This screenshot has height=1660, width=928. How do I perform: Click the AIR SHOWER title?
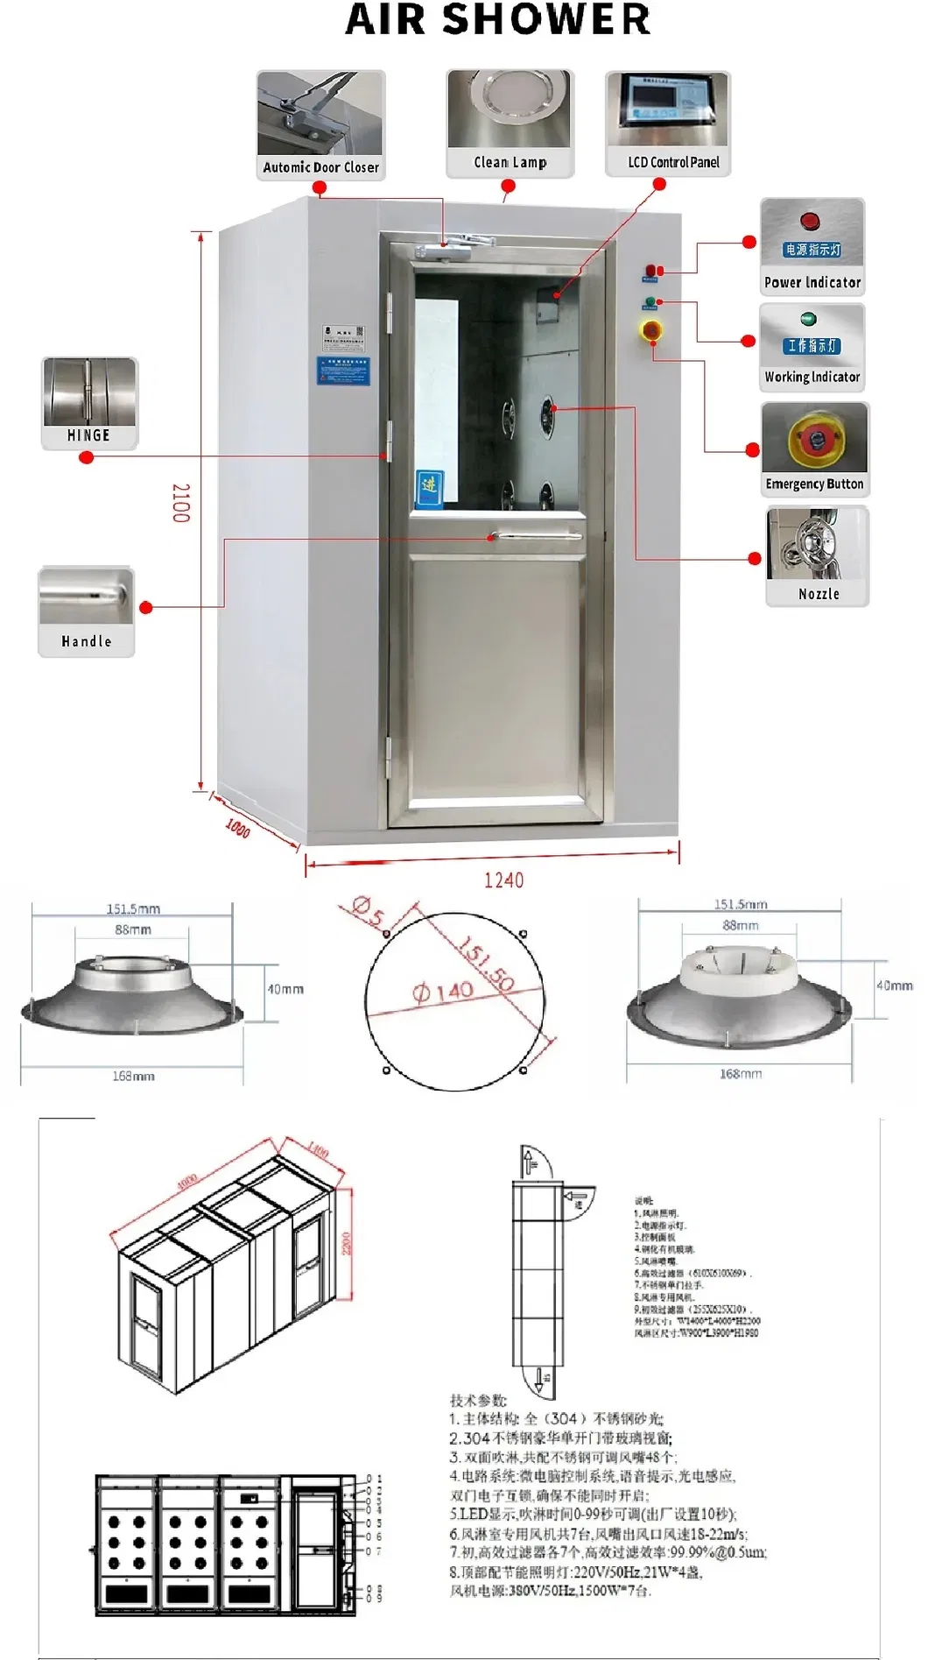[498, 19]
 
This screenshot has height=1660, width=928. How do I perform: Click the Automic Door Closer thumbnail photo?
[320, 113]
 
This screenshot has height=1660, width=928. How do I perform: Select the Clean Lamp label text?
[510, 162]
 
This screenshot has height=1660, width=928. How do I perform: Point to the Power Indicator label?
[812, 282]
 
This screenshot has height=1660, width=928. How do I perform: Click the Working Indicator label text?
[812, 377]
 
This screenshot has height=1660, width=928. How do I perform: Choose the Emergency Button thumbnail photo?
[815, 439]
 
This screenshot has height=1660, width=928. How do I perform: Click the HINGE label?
[88, 435]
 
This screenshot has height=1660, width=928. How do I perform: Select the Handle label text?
[87, 641]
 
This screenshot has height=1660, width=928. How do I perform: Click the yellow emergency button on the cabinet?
[652, 331]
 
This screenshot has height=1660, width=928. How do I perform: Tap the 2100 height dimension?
[180, 503]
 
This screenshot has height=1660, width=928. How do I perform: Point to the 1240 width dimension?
[503, 879]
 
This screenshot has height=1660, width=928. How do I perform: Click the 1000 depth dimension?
[238, 827]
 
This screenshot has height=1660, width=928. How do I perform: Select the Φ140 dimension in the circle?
[443, 992]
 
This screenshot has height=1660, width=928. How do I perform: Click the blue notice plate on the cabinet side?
[342, 370]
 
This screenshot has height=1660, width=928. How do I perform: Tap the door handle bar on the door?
[535, 535]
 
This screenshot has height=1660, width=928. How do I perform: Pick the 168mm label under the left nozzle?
[133, 1076]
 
